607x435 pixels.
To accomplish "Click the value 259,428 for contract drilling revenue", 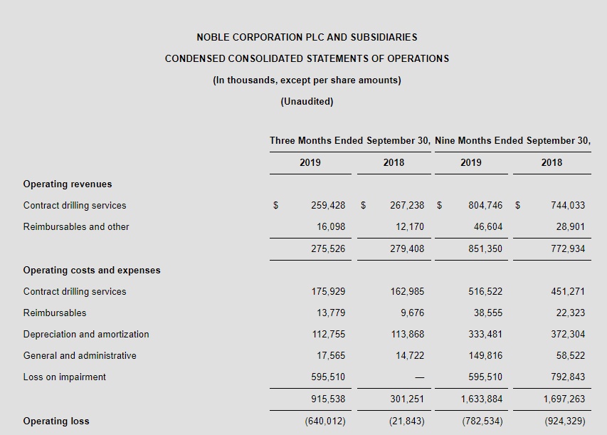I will [x=328, y=205].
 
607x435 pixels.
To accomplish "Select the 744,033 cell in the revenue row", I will [x=568, y=205].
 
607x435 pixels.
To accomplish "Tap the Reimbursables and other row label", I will [x=76, y=226].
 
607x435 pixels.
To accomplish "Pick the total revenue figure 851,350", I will [x=485, y=248].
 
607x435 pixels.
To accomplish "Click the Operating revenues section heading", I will [x=68, y=184].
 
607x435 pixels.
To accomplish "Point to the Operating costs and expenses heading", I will [x=92, y=270].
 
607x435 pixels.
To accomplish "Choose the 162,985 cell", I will [x=407, y=291].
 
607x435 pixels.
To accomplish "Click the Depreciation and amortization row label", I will [x=86, y=334].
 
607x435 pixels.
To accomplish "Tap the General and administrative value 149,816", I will [x=485, y=355].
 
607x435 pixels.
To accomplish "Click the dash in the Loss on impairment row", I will [x=420, y=377].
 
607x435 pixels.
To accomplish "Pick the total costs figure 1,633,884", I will [x=482, y=399].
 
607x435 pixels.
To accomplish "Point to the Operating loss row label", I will [x=56, y=421].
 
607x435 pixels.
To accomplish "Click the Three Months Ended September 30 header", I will [x=349, y=140].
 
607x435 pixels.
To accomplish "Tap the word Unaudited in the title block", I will [x=307, y=101].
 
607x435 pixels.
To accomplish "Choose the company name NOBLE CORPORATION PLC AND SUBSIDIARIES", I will [x=307, y=37].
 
